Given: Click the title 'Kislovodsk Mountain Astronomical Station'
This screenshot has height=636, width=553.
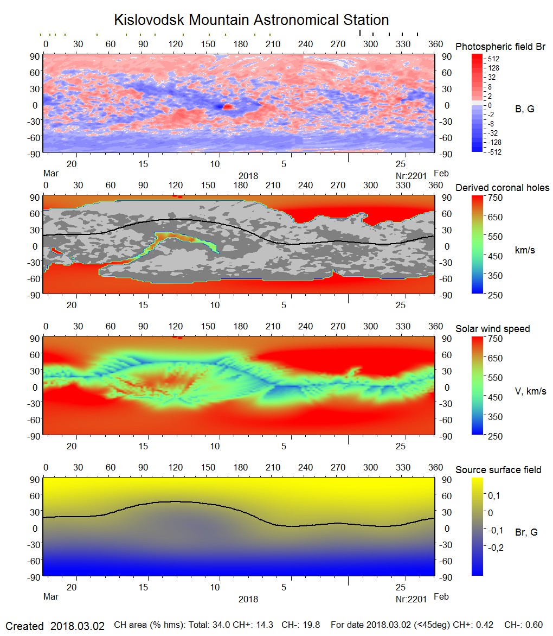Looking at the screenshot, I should [251, 20].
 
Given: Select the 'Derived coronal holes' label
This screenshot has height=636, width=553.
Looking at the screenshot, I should [502, 188].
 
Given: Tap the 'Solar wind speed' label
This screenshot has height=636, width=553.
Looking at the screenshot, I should [492, 329].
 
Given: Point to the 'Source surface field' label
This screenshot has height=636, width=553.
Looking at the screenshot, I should [498, 470].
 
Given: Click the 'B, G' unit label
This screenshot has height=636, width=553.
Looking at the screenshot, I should [524, 109].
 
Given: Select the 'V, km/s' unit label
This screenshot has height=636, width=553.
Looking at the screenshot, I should [530, 391].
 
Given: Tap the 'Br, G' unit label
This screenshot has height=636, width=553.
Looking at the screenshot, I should [526, 532].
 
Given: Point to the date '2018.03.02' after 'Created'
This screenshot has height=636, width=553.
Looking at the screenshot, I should [78, 626].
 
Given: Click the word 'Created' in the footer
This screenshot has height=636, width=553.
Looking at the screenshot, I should [25, 626].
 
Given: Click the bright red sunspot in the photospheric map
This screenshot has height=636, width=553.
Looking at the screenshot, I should [228, 107].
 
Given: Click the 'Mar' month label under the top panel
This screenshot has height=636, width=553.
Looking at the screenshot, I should [51, 173].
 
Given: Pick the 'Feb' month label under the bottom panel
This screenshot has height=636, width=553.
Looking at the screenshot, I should [441, 596].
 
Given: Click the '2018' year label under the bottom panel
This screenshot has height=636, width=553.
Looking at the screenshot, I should [248, 599].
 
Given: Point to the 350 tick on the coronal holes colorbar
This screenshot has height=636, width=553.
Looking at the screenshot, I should [496, 276].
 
